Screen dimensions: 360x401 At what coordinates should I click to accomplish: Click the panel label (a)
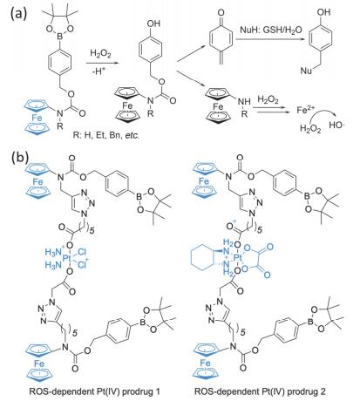[x=19, y=14]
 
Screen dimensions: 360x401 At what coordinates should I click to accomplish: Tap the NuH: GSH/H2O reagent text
[x=271, y=30]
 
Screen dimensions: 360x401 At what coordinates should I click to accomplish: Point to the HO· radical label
[x=336, y=125]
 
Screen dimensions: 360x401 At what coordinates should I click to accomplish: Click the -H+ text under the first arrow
[x=98, y=71]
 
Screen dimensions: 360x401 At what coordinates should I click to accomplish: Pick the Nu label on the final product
[x=307, y=71]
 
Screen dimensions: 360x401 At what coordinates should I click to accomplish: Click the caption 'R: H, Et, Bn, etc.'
[x=106, y=135]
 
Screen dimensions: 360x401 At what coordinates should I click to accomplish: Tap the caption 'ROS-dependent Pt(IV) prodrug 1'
[x=94, y=391]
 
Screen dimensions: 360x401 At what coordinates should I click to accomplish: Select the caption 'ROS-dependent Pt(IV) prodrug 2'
[x=260, y=391]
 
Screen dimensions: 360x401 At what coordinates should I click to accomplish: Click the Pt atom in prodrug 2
[x=238, y=258]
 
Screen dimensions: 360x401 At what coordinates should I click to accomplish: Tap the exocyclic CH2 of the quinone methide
[x=221, y=60]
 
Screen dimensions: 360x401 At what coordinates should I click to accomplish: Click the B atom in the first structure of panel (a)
[x=60, y=36]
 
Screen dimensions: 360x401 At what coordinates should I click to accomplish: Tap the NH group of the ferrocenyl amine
[x=244, y=101]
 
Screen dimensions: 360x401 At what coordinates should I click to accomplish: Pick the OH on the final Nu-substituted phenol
[x=323, y=12]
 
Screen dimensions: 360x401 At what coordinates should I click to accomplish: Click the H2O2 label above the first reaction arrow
[x=100, y=53]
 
